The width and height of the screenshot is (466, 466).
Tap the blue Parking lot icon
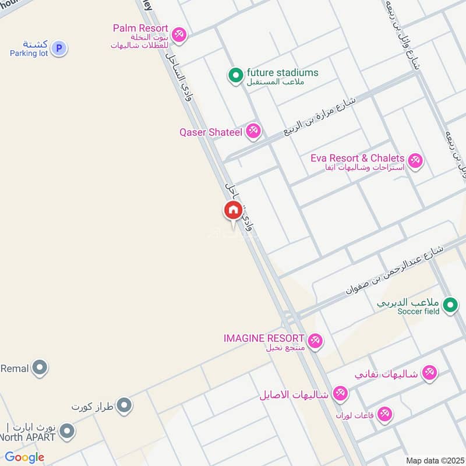(x=58, y=48)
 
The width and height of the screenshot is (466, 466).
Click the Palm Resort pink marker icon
(x=179, y=35)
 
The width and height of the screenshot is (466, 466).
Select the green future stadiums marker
(x=235, y=76)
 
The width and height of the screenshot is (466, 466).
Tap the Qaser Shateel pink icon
(x=253, y=131)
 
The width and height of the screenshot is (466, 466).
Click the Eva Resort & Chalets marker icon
(x=415, y=160)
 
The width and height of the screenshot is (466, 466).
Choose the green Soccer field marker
(x=450, y=305)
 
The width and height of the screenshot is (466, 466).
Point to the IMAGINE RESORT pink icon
(x=315, y=341)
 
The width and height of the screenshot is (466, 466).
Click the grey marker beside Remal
(x=40, y=368)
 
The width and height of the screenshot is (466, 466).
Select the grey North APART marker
(x=68, y=432)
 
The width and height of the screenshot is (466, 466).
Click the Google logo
(x=24, y=457)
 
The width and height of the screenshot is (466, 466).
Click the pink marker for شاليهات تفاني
(x=429, y=373)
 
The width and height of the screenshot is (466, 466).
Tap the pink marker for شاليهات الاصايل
(x=340, y=393)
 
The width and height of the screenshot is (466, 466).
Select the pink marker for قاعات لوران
(x=384, y=415)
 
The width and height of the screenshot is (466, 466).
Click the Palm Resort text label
(x=141, y=28)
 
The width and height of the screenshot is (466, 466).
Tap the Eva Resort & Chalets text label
(x=357, y=158)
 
